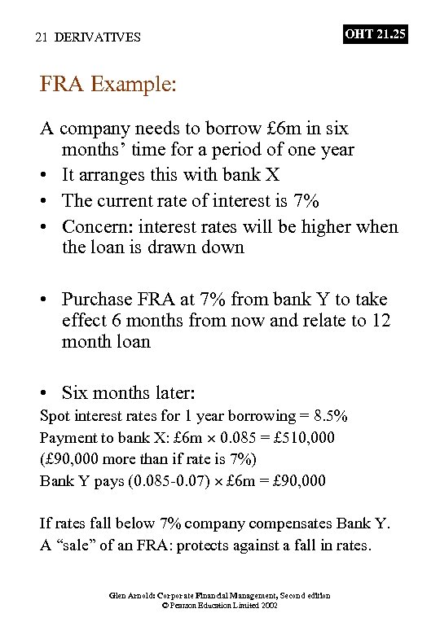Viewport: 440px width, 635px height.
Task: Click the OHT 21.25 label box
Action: [x=375, y=34]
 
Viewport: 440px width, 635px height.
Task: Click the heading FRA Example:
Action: [x=108, y=85]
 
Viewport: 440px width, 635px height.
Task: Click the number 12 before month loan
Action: [x=381, y=320]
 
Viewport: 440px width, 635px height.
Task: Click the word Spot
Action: [x=55, y=416]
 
